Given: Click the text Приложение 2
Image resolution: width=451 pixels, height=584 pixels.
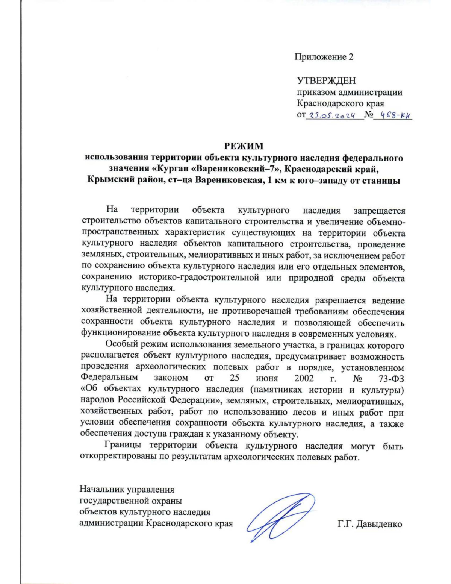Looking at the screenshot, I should click(x=324, y=57).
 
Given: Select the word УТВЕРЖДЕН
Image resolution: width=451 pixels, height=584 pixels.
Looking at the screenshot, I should click(x=326, y=81).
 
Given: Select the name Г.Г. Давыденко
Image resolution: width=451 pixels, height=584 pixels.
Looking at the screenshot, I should click(x=370, y=524).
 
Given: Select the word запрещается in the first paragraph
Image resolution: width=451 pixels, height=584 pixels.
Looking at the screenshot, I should click(x=379, y=211).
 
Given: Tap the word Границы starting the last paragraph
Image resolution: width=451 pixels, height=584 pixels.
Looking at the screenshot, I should click(x=123, y=446).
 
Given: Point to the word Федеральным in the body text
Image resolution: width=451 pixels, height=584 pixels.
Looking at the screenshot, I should click(x=109, y=378).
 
